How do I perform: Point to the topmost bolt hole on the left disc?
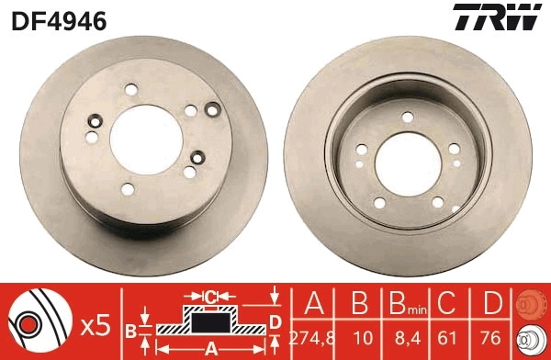(x=129, y=89)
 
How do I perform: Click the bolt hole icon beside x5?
(x=31, y=324)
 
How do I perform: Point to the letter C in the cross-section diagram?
(x=210, y=296)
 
